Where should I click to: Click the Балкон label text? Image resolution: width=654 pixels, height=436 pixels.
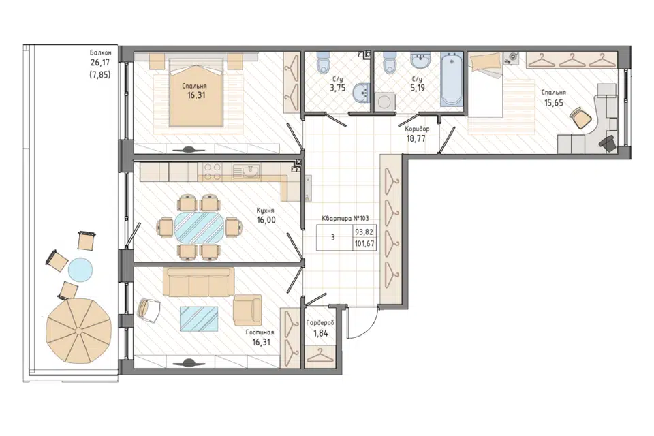point(101,52)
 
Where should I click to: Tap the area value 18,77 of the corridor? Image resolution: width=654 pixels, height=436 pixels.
point(416,138)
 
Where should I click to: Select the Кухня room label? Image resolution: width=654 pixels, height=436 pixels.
point(266,211)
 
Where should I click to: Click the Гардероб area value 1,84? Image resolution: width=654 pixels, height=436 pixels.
point(320,333)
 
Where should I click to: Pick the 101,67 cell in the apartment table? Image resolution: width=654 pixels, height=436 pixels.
point(364,244)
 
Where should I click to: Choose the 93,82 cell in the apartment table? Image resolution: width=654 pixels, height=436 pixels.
point(364,232)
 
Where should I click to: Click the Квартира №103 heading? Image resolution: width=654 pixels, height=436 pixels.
point(345,218)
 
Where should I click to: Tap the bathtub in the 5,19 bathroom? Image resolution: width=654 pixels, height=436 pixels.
point(452,79)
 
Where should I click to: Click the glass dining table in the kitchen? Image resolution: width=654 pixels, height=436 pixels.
point(199,228)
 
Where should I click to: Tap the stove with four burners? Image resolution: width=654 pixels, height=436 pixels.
point(213,172)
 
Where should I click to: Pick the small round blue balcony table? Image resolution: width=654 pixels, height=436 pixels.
point(80,270)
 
